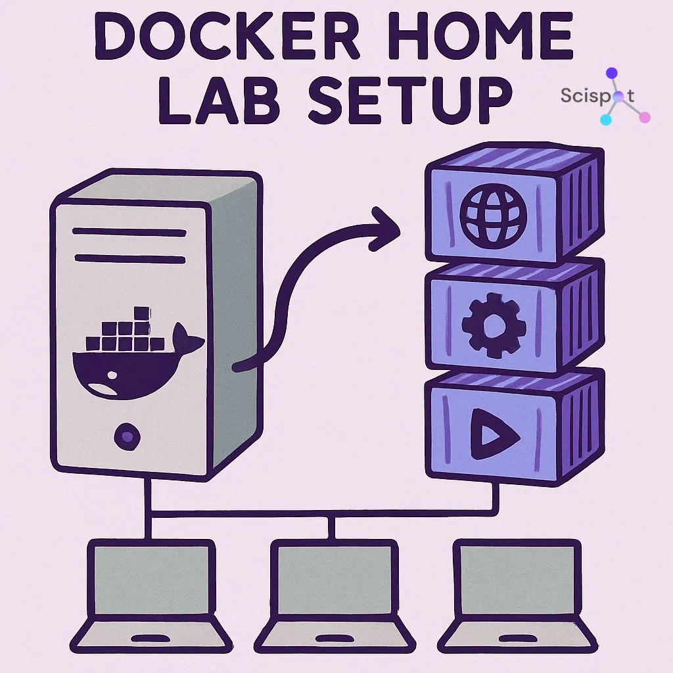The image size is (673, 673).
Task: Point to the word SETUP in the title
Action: [407, 103]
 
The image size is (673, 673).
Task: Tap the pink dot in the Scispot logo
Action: [644, 118]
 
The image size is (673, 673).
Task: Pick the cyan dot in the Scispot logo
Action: [605, 120]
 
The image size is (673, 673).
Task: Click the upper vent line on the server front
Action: [129, 232]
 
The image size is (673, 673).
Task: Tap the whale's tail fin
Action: [191, 342]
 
